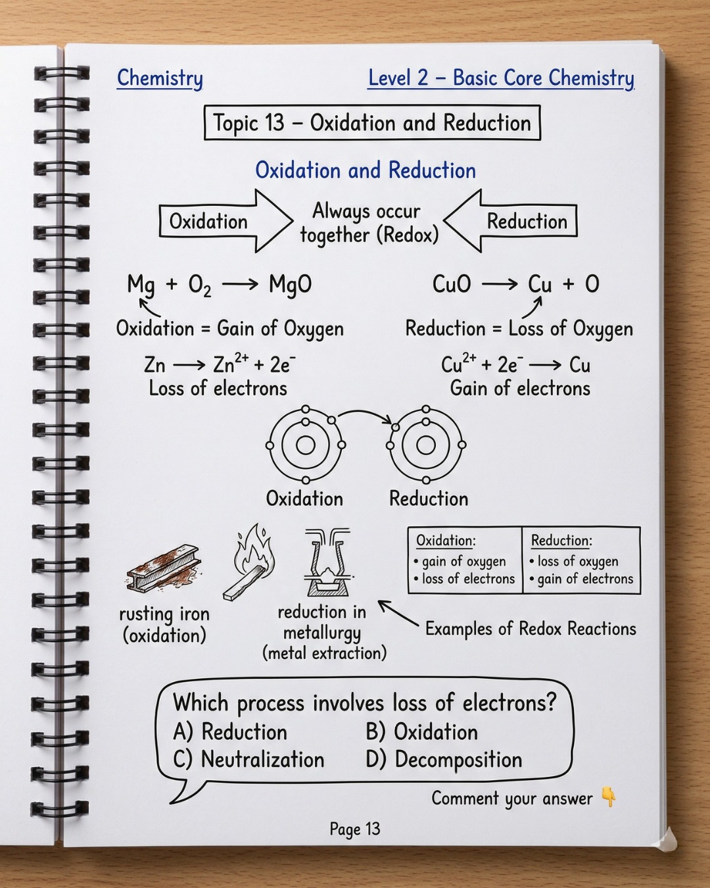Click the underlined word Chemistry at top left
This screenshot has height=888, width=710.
click(x=160, y=78)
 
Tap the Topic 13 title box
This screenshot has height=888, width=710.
click(x=372, y=122)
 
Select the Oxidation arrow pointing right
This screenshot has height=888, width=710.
click(x=226, y=221)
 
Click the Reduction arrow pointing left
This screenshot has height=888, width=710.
click(x=510, y=221)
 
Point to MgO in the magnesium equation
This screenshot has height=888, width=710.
click(x=290, y=285)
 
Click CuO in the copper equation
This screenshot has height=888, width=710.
click(x=452, y=284)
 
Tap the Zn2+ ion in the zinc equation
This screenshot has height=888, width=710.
click(x=231, y=364)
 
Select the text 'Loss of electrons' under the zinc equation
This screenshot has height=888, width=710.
click(x=218, y=388)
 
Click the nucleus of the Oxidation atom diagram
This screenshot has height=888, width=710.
click(x=305, y=445)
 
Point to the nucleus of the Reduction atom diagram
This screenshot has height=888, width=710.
click(x=426, y=445)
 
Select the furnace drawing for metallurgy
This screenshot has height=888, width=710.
click(x=328, y=562)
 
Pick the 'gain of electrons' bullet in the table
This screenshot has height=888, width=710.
click(x=581, y=579)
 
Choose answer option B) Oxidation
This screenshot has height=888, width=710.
click(x=421, y=732)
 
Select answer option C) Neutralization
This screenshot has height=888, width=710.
click(x=248, y=760)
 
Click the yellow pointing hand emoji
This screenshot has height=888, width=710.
click(x=609, y=797)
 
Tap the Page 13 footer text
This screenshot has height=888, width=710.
click(x=355, y=829)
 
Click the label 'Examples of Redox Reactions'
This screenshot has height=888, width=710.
click(x=531, y=629)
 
